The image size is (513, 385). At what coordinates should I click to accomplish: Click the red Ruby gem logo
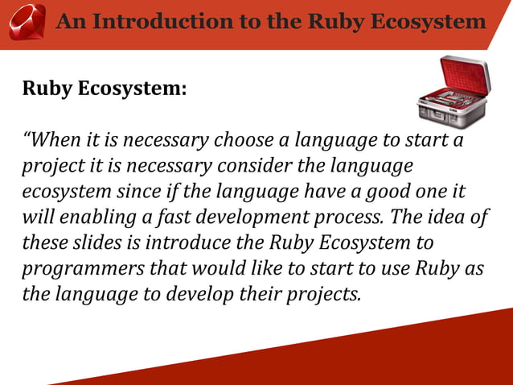(27, 22)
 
